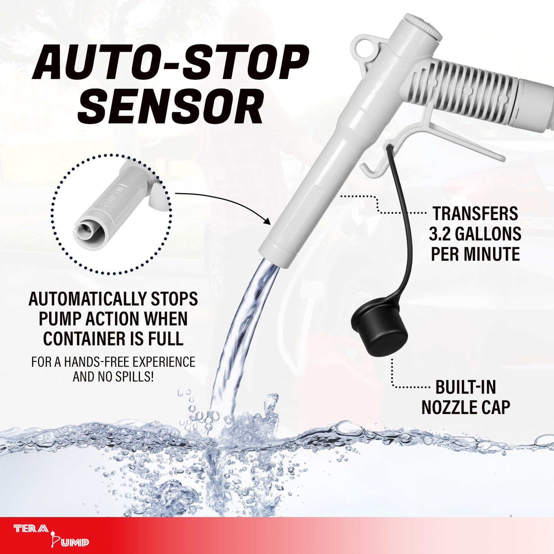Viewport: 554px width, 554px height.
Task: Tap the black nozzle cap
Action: (x=379, y=330)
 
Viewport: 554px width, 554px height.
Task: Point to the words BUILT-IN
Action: (x=465, y=388)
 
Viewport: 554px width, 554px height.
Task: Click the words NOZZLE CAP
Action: (x=465, y=408)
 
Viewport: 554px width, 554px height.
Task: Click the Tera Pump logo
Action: (x=51, y=535)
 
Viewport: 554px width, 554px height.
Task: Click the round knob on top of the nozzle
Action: (x=423, y=26)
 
